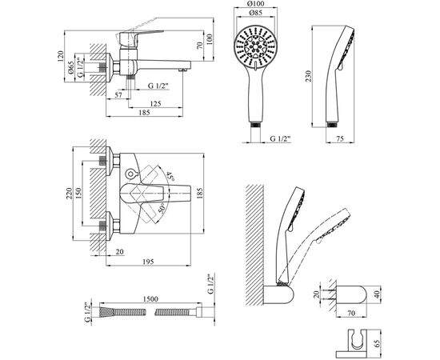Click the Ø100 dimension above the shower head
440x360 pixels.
click(256, 4)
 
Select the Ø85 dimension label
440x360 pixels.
click(256, 13)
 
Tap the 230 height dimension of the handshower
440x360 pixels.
click(308, 76)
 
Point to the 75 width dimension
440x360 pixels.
click(340, 138)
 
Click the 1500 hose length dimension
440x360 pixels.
click(150, 299)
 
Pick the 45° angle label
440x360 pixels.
click(170, 176)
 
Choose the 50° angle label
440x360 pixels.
click(162, 209)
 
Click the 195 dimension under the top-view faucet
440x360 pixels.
click(148, 262)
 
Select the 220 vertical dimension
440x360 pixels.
click(69, 194)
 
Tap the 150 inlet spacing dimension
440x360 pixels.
click(78, 194)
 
